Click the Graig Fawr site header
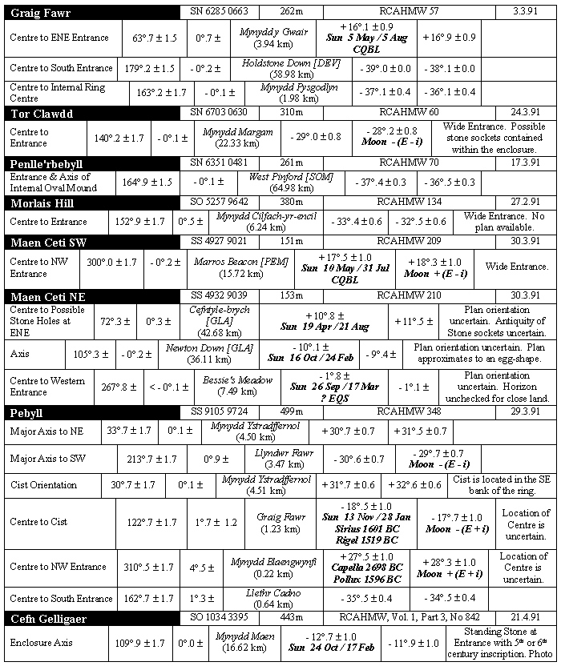point(40,11)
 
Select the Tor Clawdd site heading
point(42,113)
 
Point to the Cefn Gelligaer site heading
point(48,619)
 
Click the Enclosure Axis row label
point(42,642)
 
